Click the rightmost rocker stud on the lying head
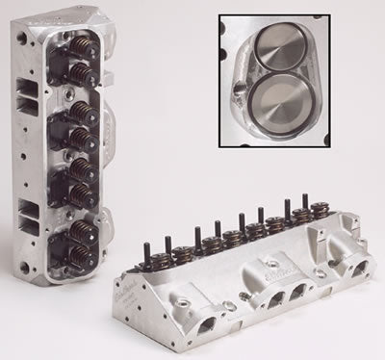tap(305, 201)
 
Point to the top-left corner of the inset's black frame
tap(218, 13)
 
